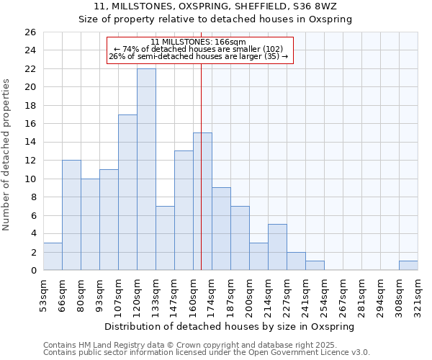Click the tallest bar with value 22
[146, 169]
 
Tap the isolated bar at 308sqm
[408, 265]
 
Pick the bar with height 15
[202, 202]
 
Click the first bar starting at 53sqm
[53, 256]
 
